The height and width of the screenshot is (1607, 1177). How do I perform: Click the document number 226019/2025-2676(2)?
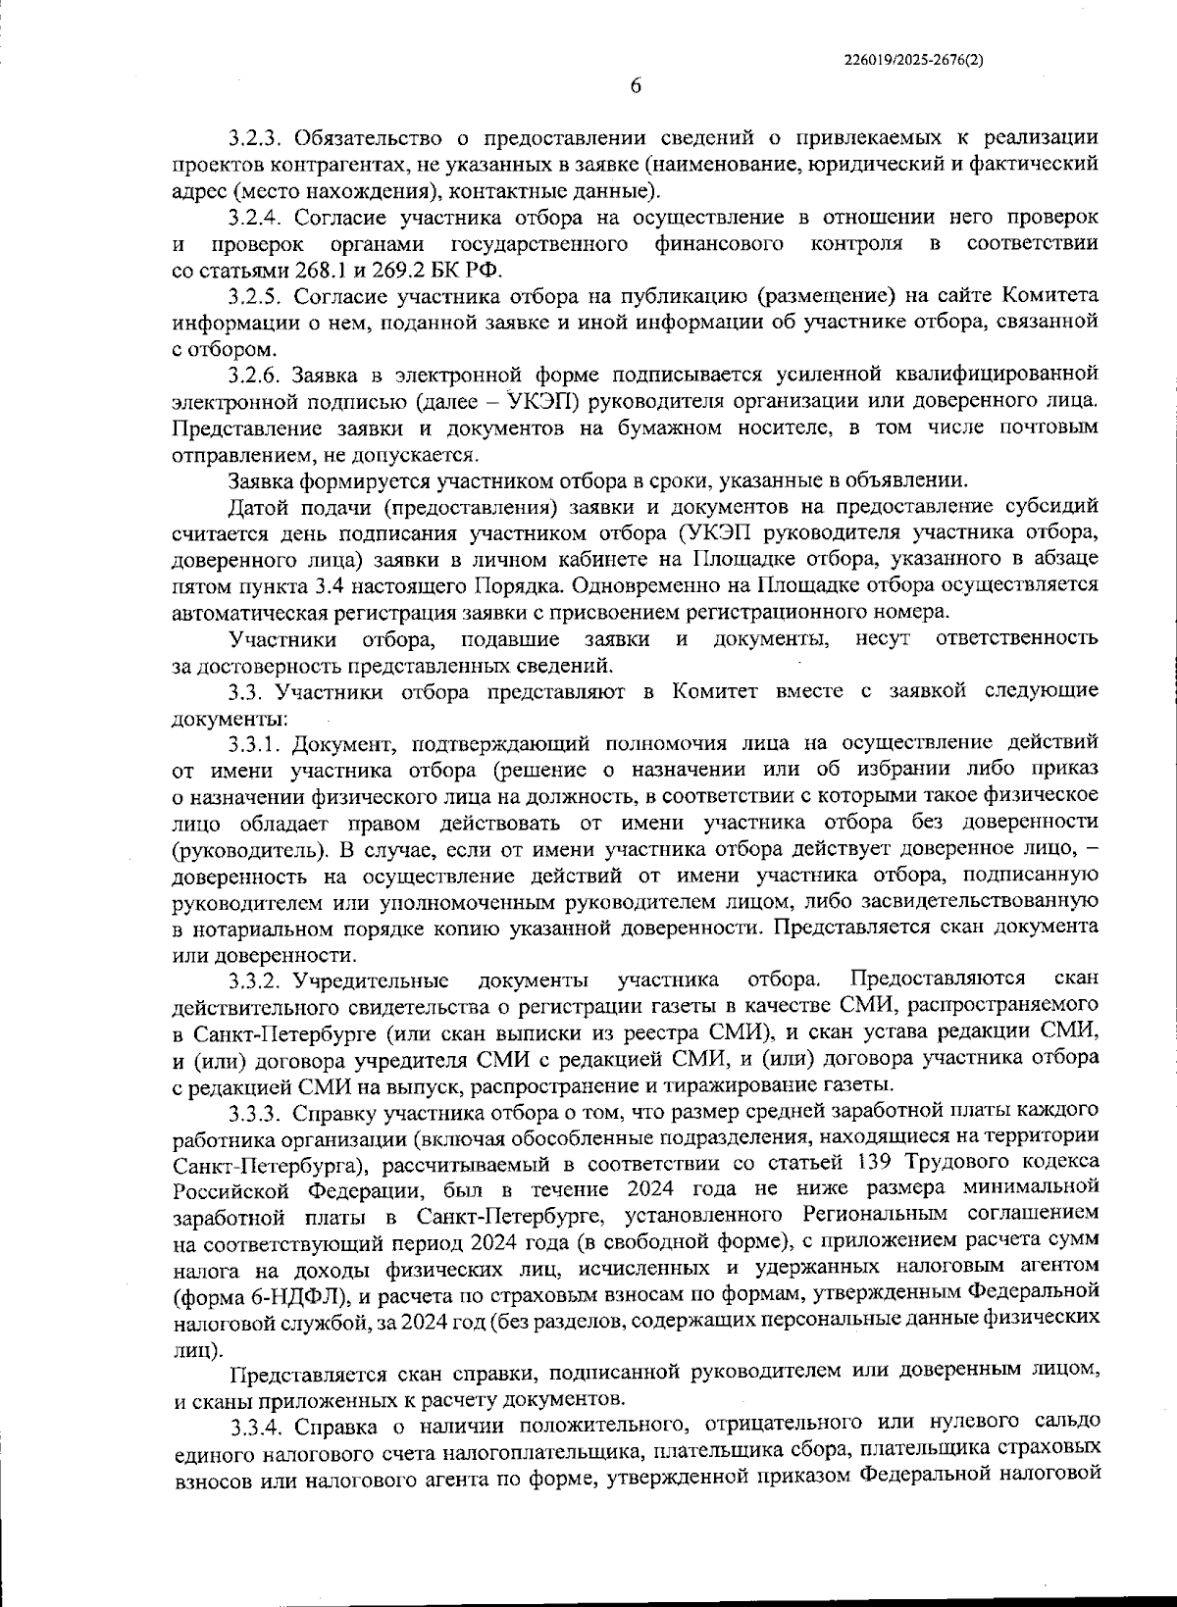914,59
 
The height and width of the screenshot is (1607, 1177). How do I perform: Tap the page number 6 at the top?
635,86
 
